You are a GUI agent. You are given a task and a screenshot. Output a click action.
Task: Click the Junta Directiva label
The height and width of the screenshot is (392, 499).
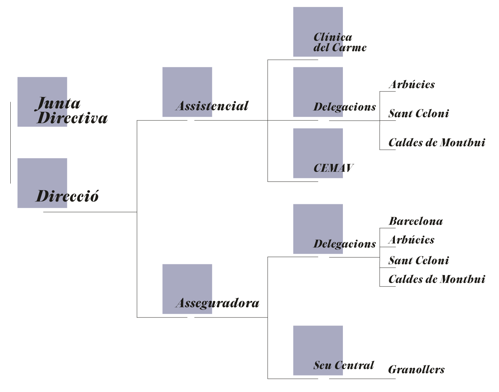coord(72,110)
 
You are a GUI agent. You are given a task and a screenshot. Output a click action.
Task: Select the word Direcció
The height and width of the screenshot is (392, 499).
coord(68,196)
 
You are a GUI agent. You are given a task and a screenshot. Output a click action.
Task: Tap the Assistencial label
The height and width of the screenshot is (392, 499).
coord(212,106)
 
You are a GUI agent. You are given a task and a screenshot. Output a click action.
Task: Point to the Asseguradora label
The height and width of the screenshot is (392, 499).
coord(217,303)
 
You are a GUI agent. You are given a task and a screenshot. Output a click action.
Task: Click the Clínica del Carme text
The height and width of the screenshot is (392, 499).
coord(339,42)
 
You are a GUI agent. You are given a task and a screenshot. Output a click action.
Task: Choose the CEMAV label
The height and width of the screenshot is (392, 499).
coord(333,168)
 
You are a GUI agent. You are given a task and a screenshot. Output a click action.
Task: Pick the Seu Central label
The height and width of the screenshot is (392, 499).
coord(344,365)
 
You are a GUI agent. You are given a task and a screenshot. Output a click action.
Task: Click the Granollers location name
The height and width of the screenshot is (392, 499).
coord(416,370)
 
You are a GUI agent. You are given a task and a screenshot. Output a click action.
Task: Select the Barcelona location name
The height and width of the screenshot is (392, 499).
coord(416,221)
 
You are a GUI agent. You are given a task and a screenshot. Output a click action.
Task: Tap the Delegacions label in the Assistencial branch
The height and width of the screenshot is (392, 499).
coord(345,107)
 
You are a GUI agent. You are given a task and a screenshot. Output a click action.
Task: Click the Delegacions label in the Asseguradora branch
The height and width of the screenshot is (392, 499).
coord(345,244)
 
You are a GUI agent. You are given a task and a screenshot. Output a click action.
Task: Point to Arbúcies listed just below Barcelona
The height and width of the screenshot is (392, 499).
coord(411,240)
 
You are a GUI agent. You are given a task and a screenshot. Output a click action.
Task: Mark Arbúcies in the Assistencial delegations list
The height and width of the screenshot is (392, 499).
coord(411,85)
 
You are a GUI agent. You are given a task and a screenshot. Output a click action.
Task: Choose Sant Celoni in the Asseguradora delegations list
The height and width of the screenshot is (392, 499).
coord(419,261)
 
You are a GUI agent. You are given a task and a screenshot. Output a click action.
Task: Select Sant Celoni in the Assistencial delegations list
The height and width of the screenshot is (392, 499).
coord(419,114)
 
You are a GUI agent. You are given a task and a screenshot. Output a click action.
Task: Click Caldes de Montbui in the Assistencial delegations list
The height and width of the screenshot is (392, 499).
coord(437,143)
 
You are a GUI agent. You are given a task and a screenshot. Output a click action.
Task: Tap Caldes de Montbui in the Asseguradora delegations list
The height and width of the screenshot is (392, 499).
coord(437,279)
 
